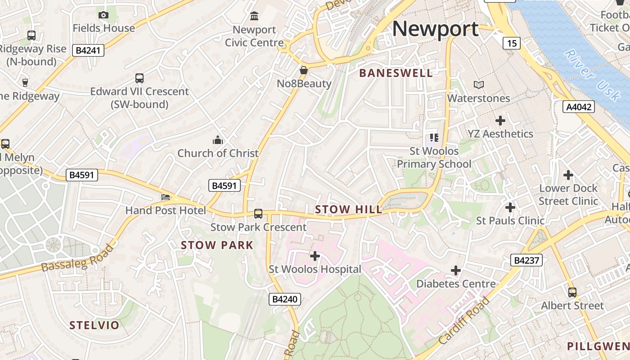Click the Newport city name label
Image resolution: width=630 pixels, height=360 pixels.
(435, 29)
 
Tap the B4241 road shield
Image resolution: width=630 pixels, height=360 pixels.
(88, 50)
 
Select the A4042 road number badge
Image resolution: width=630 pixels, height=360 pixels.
(579, 107)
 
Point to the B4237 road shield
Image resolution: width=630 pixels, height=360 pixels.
(526, 260)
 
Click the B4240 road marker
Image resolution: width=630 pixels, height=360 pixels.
(285, 299)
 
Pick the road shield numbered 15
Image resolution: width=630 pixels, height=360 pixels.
(512, 43)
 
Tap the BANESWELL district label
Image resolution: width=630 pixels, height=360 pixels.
(396, 73)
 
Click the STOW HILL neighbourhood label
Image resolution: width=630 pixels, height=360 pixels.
(348, 209)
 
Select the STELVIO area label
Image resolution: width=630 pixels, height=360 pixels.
(94, 325)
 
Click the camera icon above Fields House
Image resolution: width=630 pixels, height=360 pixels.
(103, 15)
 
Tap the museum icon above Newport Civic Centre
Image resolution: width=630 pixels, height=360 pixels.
(254, 17)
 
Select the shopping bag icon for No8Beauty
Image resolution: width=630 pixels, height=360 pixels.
(304, 70)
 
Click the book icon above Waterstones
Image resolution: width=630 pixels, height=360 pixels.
(479, 85)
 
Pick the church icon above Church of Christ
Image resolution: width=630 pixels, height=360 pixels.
(218, 140)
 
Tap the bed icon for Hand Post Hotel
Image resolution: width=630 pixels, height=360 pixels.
(166, 197)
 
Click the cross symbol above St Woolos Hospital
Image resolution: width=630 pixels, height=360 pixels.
(315, 256)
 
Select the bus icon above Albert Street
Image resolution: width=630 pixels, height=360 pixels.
(572, 292)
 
